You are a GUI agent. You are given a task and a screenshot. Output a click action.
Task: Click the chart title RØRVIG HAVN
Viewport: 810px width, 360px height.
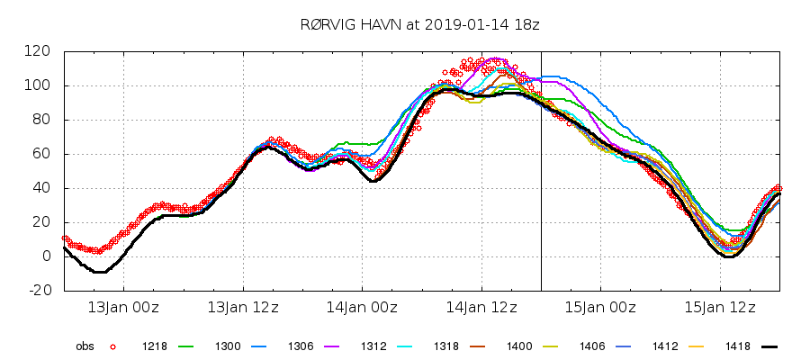(346, 25)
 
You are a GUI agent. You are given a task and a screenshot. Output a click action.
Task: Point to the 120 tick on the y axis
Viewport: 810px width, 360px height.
(39, 51)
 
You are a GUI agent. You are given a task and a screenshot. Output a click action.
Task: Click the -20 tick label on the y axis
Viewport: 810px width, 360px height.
(39, 291)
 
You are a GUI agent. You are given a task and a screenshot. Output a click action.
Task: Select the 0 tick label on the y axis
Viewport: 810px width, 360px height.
(47, 256)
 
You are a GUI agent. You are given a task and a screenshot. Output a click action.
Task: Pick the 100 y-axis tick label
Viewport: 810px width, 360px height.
(39, 85)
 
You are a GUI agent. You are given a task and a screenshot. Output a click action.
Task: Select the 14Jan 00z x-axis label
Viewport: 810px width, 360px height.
(362, 308)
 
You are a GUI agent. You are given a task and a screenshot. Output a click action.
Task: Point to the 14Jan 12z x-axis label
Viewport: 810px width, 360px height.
(481, 308)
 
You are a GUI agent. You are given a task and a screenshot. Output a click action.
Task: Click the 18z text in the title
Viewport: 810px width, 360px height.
(499, 25)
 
